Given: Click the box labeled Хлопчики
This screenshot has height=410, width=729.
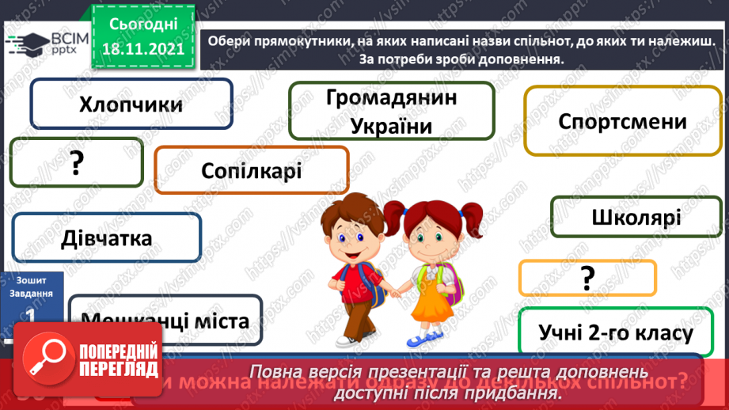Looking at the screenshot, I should coord(131,104).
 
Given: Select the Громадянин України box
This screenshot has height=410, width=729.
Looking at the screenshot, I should coord(392,111).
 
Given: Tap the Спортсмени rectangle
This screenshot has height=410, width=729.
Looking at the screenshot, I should coord(622,122).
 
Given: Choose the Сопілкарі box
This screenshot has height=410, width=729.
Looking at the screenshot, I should coord(251,169).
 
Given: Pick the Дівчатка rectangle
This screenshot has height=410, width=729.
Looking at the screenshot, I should coord(107,237).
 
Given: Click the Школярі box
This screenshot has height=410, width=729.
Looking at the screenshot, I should coord(635,216).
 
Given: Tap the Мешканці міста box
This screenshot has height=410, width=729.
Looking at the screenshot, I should coord(165,321).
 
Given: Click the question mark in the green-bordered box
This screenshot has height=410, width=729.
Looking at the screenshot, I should coord(76,163).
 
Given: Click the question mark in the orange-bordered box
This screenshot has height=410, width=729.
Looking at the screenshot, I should coord(587,278).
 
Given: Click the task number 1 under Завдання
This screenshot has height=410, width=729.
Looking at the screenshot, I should coord(31,314).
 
